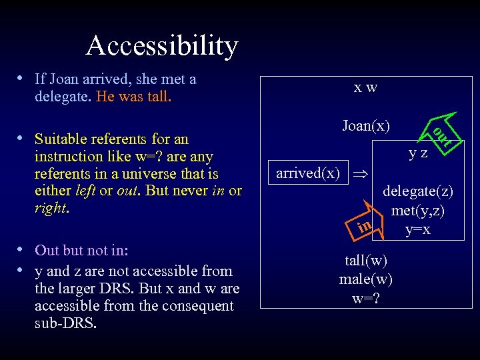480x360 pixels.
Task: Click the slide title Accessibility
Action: [161, 45]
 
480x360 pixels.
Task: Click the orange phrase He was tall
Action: [133, 97]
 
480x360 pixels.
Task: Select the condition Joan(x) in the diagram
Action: [365, 125]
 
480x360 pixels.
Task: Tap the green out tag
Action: [441, 136]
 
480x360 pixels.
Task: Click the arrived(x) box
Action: [307, 173]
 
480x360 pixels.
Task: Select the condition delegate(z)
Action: [417, 191]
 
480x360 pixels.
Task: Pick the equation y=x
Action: [418, 229]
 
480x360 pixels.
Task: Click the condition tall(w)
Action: [365, 260]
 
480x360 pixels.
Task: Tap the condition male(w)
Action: [365, 278]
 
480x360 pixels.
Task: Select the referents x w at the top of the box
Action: [365, 87]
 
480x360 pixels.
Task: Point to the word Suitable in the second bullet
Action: [60, 139]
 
